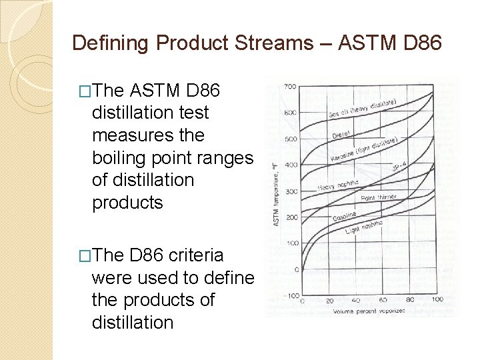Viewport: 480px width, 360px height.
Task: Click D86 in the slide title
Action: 420,43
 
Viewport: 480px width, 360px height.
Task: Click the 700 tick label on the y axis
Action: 290,87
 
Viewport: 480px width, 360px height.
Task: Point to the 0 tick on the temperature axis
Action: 296,269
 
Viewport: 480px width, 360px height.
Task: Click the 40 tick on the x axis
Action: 356,301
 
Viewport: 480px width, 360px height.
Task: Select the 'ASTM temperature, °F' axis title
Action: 276,191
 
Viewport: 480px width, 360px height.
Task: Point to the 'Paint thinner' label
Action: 379,198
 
